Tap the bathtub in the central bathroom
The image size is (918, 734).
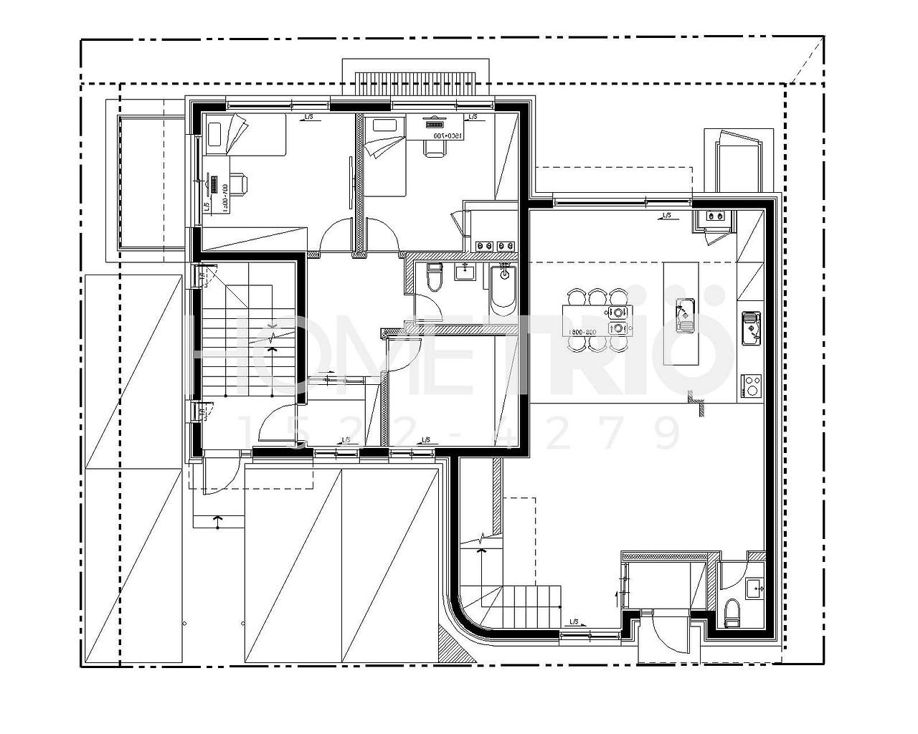click(503, 289)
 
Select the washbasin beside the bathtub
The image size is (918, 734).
click(467, 271)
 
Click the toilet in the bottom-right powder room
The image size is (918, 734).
click(732, 613)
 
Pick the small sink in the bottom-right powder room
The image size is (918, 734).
click(754, 588)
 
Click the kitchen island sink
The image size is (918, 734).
click(685, 313)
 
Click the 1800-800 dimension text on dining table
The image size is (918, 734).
click(582, 333)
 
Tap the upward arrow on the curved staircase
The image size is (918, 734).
click(481, 550)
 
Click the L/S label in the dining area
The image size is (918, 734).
click(666, 214)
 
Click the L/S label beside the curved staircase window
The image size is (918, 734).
click(574, 621)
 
